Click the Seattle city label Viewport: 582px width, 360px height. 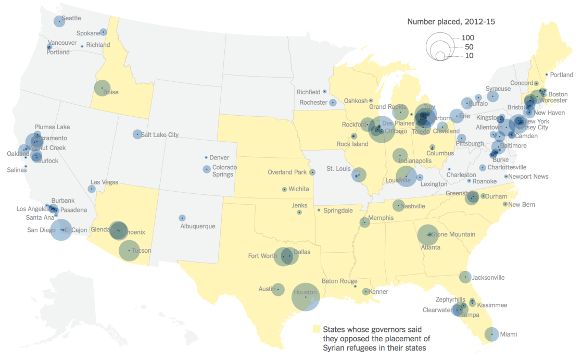71,18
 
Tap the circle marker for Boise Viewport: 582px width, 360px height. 102,88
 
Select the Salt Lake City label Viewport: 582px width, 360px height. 159,135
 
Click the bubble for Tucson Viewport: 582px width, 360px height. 129,251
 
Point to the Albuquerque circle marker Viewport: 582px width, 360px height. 182,218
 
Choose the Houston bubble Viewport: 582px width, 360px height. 306,297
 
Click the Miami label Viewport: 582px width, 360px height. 509,334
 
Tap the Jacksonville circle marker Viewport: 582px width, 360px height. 465,277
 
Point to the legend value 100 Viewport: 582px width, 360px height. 467,38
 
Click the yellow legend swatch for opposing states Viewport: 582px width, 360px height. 315,329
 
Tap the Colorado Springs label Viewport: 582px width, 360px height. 224,171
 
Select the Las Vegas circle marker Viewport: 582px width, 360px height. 92,189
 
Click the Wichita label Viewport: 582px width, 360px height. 299,189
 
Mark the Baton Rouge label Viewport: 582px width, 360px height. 339,281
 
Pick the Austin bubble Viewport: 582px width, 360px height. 278,289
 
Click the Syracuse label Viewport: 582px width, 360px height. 498,89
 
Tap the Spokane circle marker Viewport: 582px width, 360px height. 103,32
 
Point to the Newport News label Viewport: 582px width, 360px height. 528,177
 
